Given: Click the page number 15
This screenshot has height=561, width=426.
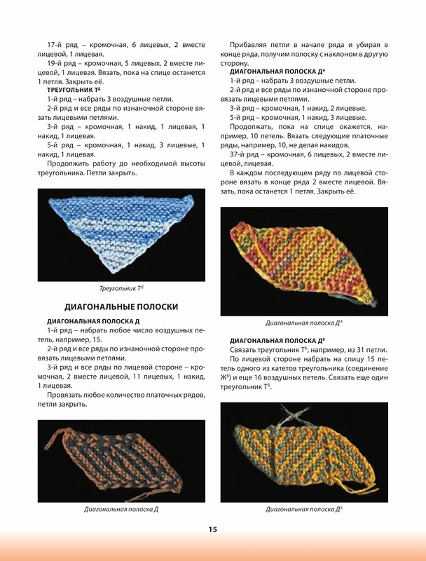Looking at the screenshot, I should coord(212,529).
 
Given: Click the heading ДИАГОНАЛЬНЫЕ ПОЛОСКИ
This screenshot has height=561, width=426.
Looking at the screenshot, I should coord(121,306).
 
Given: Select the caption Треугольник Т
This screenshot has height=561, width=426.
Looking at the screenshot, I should coord(121,288).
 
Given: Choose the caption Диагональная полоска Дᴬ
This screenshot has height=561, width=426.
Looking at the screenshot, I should coord(303,323).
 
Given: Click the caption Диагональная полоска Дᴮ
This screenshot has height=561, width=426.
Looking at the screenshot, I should coord(303,509).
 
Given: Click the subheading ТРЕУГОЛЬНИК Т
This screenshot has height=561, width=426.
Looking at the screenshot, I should coord(74,91).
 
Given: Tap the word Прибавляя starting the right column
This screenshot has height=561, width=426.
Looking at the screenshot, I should coord(250,45).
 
